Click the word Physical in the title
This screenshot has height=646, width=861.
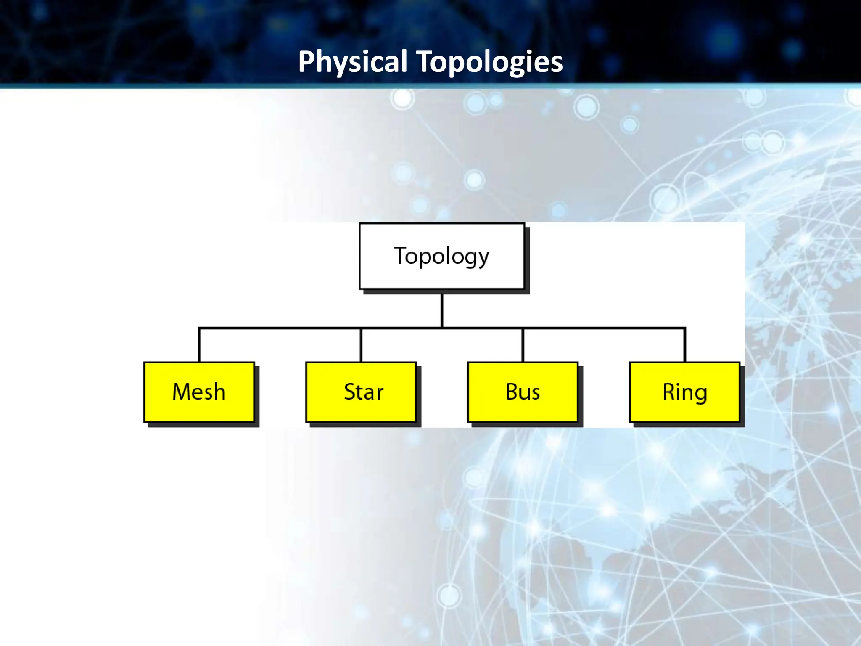pos(352,62)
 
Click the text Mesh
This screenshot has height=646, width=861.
pos(199,392)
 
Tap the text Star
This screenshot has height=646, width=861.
pos(364,392)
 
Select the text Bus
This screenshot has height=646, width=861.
pos(523,392)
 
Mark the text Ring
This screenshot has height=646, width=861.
pos(684,392)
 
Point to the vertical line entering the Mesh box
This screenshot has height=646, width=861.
pos(199,345)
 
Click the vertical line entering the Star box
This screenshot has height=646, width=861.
pos(361,345)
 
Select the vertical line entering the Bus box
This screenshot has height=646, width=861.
pos(523,345)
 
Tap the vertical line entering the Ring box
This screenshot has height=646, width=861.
pos(685,345)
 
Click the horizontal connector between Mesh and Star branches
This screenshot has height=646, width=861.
pos(280,328)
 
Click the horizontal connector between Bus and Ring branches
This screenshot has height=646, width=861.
pos(604,328)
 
